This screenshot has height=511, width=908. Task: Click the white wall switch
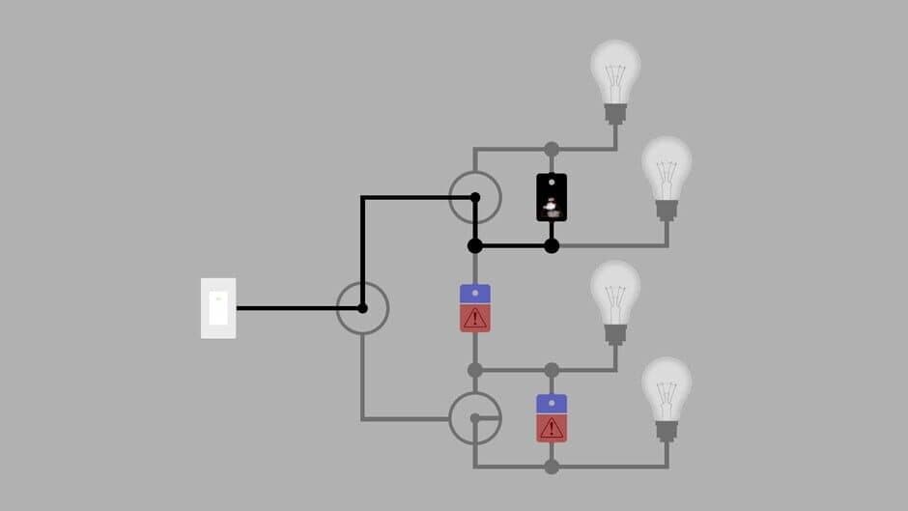point(218,308)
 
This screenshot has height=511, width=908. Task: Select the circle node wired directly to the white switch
point(362,308)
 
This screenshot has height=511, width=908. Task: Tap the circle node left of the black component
point(474,197)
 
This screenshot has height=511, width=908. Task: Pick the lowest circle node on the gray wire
point(474,418)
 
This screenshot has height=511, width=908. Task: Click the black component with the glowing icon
point(552,198)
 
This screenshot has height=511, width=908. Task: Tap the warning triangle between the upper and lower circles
point(474,319)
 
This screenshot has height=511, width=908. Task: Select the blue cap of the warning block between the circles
point(474,294)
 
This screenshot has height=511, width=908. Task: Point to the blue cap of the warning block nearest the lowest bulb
point(552,403)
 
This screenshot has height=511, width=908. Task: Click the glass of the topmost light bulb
point(615,71)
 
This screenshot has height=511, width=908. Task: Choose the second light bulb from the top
point(667,174)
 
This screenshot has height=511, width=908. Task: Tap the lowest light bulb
point(667,394)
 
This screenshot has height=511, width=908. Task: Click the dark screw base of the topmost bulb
point(615,114)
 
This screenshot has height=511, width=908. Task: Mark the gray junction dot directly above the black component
point(552,149)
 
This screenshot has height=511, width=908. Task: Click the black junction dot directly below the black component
point(552,245)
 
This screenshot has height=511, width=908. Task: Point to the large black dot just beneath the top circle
point(474,245)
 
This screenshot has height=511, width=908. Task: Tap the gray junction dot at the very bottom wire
point(552,467)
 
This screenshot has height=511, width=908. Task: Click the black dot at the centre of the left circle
point(362,308)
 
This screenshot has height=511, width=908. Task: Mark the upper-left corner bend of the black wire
point(362,198)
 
